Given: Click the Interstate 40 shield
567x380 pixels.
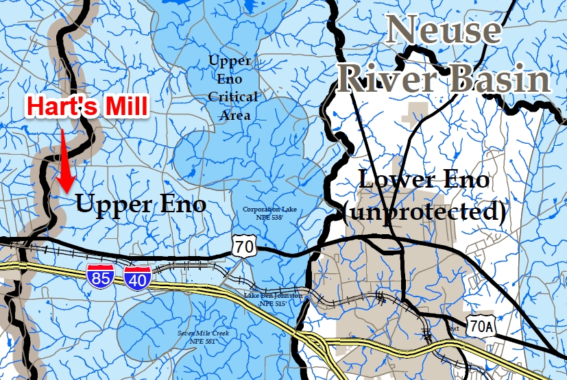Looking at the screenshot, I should (137, 277).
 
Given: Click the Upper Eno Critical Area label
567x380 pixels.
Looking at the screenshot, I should (233, 88).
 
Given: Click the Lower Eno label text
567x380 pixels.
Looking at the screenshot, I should (425, 181).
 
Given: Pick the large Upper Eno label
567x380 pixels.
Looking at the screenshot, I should (141, 203).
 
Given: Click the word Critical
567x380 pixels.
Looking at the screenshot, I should (233, 97).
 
